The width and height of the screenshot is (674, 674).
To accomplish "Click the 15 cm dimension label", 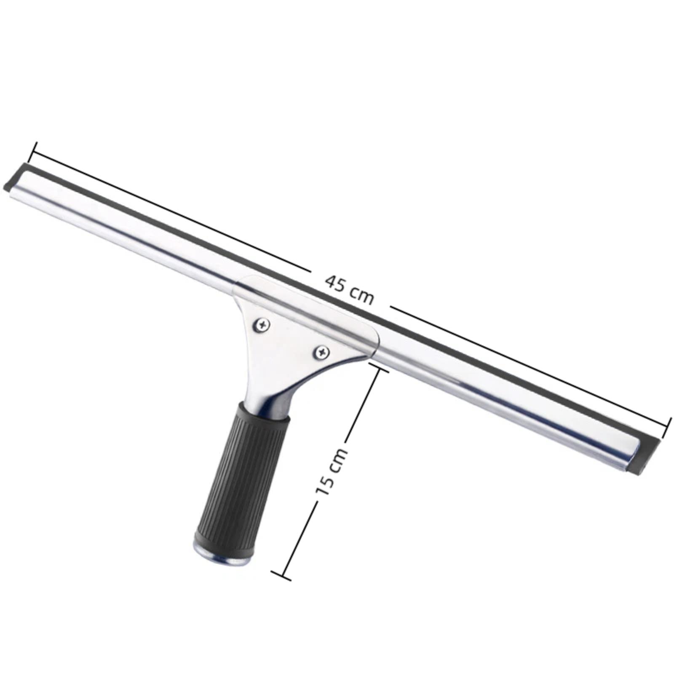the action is [332, 471].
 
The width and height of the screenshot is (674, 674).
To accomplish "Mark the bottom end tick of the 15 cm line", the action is [281, 576].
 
